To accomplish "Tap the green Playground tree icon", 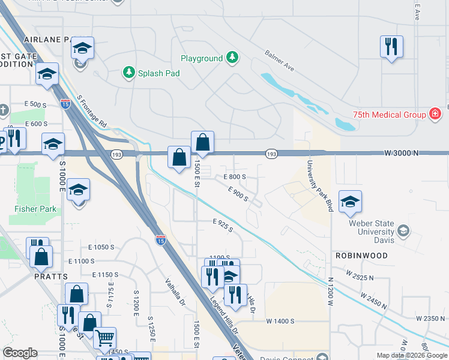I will [x=232, y=58].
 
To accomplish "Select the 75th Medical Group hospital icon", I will [x=435, y=114].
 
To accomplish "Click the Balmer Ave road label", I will [x=280, y=60].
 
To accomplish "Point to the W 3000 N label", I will [x=402, y=154].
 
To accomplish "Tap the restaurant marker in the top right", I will [x=391, y=46].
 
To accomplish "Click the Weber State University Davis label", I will [x=371, y=232].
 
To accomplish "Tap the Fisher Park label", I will [x=35, y=209].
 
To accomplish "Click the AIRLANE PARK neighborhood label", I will [x=48, y=39].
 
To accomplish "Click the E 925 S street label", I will [x=223, y=226].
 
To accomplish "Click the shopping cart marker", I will [x=105, y=338].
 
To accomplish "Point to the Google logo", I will [x=20, y=353].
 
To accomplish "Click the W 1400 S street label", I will [x=280, y=322].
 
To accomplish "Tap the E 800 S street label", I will [x=235, y=177].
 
